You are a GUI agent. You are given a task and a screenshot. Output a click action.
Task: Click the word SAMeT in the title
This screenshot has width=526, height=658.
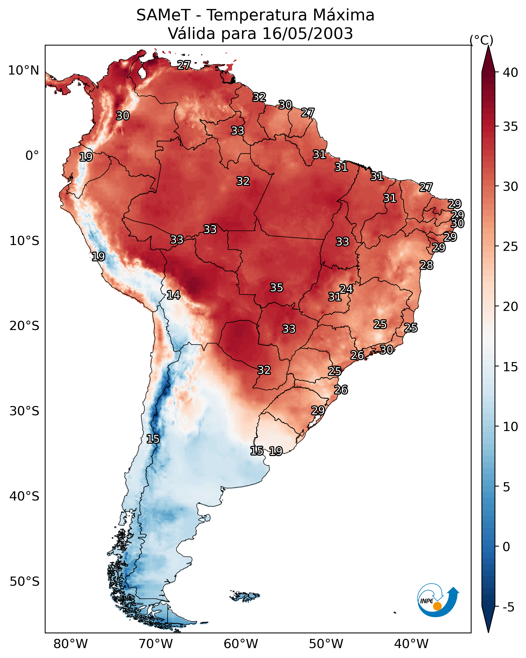[163, 15]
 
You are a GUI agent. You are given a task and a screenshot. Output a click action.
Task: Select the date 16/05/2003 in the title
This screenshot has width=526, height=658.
[307, 34]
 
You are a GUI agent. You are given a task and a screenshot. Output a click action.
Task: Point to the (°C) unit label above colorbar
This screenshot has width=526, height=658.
[481, 40]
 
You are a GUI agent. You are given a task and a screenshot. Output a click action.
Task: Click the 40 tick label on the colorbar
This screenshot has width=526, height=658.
[510, 73]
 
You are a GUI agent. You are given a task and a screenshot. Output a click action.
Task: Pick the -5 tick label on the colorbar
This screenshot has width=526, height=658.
[508, 607]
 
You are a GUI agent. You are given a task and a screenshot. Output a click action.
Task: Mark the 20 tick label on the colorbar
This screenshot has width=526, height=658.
[510, 306]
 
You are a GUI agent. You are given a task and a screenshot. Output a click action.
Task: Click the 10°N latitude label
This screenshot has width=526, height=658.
[23, 70]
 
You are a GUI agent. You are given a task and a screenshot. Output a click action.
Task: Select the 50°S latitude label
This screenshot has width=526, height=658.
[24, 582]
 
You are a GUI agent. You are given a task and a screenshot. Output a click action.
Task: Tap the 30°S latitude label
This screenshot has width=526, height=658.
[24, 411]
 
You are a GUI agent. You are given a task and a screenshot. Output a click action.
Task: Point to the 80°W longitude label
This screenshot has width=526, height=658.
[70, 644]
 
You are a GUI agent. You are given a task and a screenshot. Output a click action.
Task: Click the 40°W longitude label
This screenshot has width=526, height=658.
[411, 644]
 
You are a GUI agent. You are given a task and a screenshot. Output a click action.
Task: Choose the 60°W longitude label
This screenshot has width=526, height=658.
[241, 644]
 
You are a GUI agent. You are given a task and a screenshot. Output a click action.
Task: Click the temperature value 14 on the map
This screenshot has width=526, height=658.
[173, 295]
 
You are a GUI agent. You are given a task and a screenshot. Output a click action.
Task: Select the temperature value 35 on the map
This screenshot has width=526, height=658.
[277, 288]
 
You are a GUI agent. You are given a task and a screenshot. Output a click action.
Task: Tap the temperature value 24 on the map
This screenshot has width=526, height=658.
[347, 289]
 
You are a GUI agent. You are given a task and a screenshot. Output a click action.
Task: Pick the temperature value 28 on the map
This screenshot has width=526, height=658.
[427, 265]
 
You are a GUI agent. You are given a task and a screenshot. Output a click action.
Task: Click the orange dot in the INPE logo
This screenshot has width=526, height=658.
[437, 606]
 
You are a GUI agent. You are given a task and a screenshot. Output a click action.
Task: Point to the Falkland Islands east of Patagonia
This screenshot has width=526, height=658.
[246, 596]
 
